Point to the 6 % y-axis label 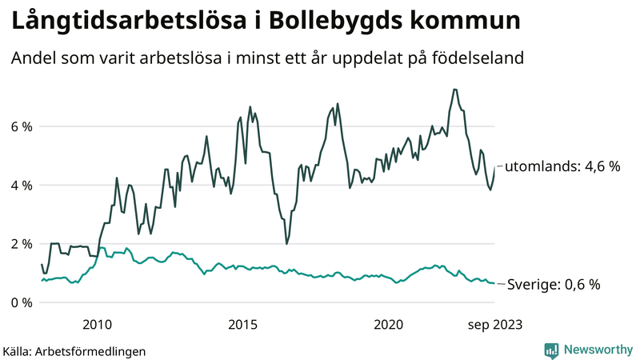[22, 126]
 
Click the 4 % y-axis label [22, 185]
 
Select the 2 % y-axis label [22, 244]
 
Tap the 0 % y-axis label [22, 302]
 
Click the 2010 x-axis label [97, 324]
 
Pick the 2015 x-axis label [242, 324]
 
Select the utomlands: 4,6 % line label [562, 166]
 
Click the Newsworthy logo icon [551, 350]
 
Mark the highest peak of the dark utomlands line [454, 89]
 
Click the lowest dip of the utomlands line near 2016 [286, 243]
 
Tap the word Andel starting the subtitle [32, 58]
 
